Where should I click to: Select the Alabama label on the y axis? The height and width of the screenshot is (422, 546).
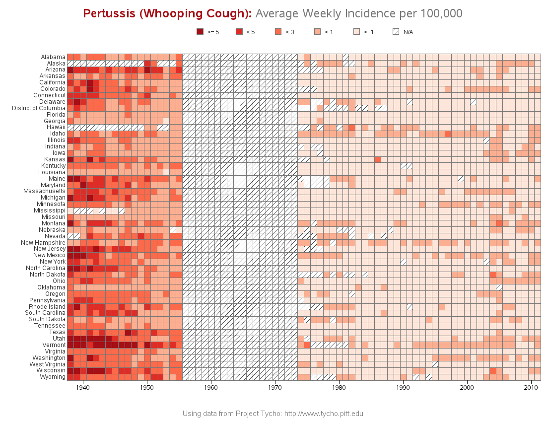tap(53, 57)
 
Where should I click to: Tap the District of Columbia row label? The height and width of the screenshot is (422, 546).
tap(39, 108)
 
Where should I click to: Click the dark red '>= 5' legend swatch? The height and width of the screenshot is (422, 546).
tap(200, 32)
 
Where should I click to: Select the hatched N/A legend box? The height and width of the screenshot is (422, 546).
tap(396, 32)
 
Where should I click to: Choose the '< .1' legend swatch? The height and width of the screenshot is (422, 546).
tap(356, 32)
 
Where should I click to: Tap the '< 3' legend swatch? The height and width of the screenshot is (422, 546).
tap(278, 32)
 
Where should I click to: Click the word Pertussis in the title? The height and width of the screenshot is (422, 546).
tap(108, 13)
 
